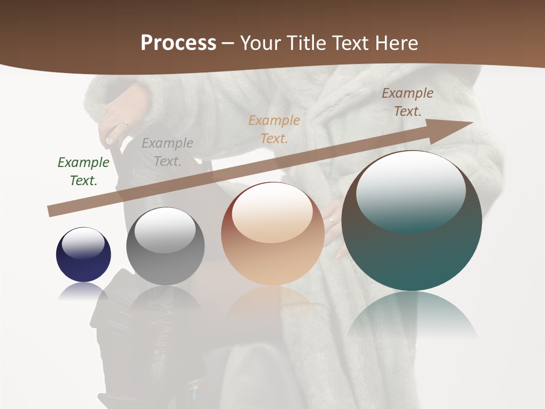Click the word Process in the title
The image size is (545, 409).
coord(178,43)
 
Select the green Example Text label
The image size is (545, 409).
coord(83,172)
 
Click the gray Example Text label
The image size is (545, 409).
coord(167,152)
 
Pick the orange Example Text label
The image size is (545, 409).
coord(274,129)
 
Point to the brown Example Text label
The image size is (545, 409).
coord(408,102)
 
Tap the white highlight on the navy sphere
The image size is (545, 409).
coord(83,242)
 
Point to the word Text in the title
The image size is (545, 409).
coord(356,43)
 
